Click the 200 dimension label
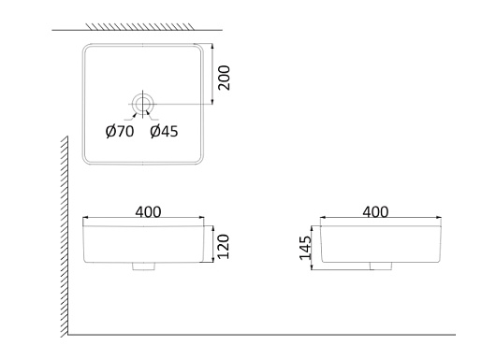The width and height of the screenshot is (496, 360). pos(225,78)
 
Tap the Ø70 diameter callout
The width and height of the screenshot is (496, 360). pos(120,132)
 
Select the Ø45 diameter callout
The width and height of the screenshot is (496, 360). pos(164,132)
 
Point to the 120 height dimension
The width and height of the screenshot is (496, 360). pos(224,247)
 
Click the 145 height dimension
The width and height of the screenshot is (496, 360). pos(306,248)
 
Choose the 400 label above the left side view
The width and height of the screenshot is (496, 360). pos(148,212)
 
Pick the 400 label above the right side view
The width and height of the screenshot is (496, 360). pos(375,212)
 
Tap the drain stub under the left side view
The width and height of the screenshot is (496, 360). pos(143,266)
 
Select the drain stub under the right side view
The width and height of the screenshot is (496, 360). pos(381,266)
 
